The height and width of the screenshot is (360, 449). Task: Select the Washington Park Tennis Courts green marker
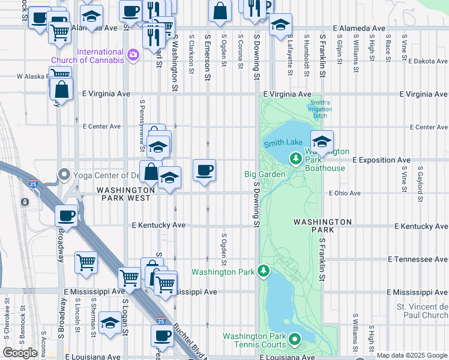[x=295, y=340]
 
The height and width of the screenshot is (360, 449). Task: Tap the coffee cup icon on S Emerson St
[x=205, y=170]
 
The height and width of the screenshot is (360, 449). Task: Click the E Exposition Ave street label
[x=381, y=160]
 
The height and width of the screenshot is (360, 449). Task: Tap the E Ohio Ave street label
[x=345, y=193]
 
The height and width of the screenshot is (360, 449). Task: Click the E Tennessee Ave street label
[x=418, y=259]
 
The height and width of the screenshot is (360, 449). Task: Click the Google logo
[x=20, y=353]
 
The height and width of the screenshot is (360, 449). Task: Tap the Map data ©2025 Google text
[x=412, y=355]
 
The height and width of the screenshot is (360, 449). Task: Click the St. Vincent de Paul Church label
[x=422, y=311]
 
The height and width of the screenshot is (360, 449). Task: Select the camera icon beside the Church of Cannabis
[x=133, y=56]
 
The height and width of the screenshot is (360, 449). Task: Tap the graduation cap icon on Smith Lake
[x=322, y=142]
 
